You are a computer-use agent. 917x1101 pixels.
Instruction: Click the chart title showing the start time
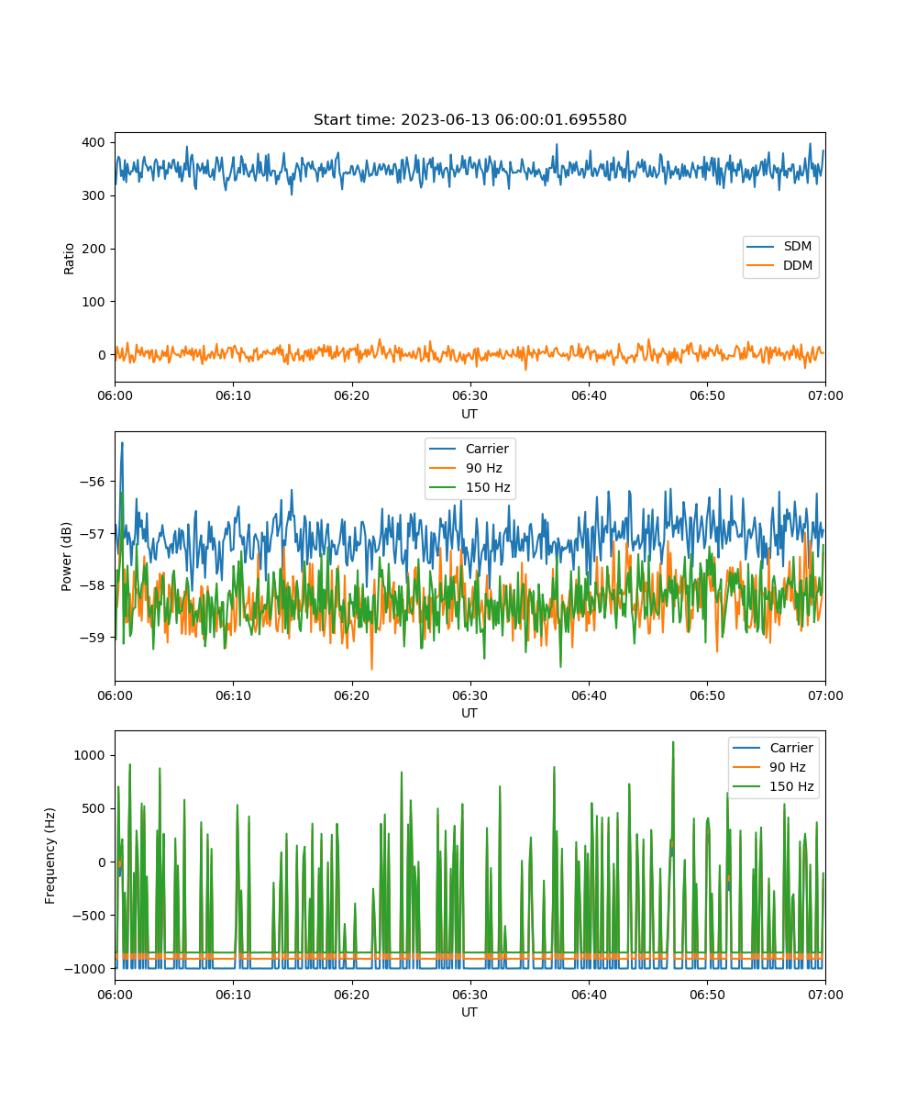pyautogui.click(x=470, y=119)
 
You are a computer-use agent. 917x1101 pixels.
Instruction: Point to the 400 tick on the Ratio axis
pyautogui.click(x=94, y=142)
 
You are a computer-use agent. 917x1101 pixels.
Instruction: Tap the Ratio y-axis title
pyautogui.click(x=69, y=259)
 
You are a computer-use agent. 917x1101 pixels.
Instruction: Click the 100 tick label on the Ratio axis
pyautogui.click(x=94, y=302)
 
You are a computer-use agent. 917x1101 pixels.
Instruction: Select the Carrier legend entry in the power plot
pyautogui.click(x=469, y=449)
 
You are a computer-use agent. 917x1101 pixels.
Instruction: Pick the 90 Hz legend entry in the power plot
pyautogui.click(x=466, y=468)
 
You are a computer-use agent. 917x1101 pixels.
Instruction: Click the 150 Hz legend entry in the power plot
pyautogui.click(x=470, y=487)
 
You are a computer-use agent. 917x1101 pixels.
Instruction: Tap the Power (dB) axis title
pyautogui.click(x=66, y=556)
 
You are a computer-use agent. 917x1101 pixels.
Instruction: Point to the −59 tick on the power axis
pyautogui.click(x=93, y=638)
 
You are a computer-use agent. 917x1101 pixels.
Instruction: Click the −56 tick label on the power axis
pyautogui.click(x=93, y=482)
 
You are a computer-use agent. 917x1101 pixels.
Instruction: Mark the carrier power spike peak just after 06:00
pyautogui.click(x=122, y=443)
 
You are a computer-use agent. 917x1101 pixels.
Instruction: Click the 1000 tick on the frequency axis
pyautogui.click(x=89, y=756)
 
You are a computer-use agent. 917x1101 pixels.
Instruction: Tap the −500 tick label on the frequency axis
pyautogui.click(x=89, y=916)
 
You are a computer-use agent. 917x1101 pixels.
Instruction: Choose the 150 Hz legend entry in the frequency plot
pyautogui.click(x=773, y=786)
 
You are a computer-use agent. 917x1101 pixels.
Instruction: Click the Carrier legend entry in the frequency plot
pyautogui.click(x=773, y=748)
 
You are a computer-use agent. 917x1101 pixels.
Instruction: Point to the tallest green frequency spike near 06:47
pyautogui.click(x=673, y=742)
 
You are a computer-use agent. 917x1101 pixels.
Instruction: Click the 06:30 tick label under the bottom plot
pyautogui.click(x=470, y=995)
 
